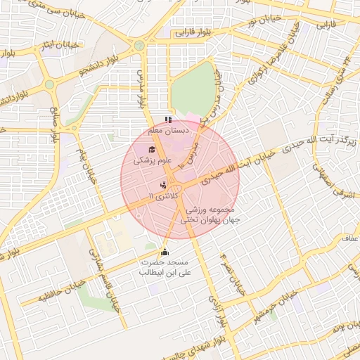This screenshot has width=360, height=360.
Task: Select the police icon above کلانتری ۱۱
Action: tap(163, 185)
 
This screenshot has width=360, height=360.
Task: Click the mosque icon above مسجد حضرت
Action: tap(165, 252)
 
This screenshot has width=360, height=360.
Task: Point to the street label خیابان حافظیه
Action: tap(43, 291)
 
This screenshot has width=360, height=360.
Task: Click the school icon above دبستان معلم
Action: tap(167, 120)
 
